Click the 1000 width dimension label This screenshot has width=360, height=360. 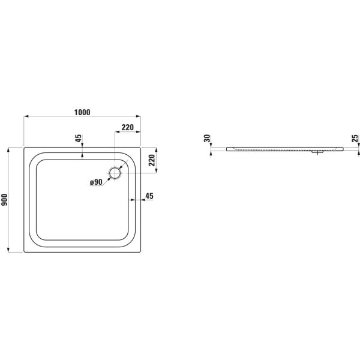(x=82, y=112)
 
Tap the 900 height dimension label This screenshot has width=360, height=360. (x=4, y=200)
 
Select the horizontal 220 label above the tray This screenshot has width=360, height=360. (x=127, y=127)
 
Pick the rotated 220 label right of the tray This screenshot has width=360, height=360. (x=152, y=160)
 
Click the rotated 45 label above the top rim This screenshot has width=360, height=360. (x=78, y=138)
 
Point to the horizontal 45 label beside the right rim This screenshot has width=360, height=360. (x=149, y=196)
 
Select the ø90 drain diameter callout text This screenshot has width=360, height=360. (x=96, y=182)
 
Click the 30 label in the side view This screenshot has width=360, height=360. (x=208, y=138)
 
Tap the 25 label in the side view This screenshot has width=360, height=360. (x=355, y=138)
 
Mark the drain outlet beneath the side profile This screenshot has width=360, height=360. (x=317, y=152)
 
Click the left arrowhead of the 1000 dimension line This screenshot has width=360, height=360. (x=26, y=116)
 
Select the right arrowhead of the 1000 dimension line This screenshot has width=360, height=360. (x=139, y=116)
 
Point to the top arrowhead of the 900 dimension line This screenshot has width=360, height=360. (x=8, y=149)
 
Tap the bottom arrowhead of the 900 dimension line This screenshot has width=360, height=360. (x=8, y=250)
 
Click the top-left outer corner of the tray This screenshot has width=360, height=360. (x=24, y=148)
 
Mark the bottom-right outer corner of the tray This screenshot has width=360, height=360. (x=140, y=252)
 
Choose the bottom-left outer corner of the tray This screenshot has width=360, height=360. (x=24, y=252)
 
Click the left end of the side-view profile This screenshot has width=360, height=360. (x=227, y=149)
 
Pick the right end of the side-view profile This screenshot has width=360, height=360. (x=344, y=149)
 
